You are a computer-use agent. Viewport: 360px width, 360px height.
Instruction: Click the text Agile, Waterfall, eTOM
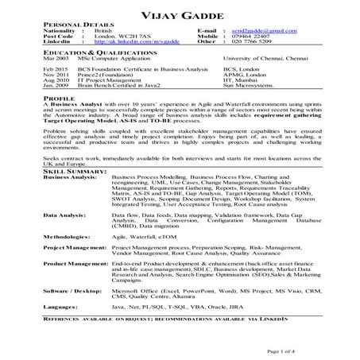143,236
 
